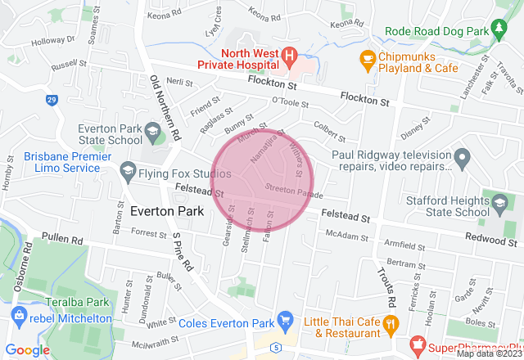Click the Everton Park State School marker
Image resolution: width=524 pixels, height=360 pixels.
(152, 131)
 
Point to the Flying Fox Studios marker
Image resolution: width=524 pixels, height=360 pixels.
(127, 171)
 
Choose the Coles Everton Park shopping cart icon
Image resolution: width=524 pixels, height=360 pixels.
(285, 318)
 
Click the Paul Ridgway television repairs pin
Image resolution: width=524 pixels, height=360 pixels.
(462, 155)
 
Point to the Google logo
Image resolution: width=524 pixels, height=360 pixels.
(28, 349)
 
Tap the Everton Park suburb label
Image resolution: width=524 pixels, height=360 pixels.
(162, 211)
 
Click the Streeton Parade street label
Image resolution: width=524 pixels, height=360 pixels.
(294, 191)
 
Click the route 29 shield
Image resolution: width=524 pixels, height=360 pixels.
(52, 101)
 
